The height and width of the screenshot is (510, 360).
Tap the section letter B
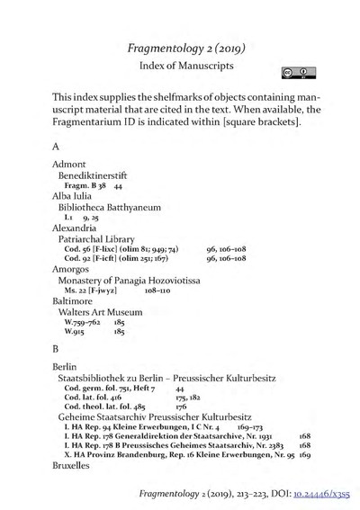pos(56,346)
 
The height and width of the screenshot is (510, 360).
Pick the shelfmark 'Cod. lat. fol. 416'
pos(103,397)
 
